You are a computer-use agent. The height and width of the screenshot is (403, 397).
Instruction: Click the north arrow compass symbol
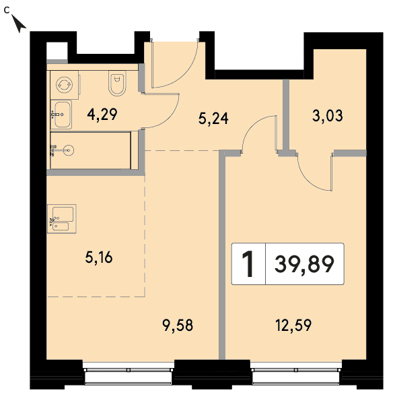pos(18,24)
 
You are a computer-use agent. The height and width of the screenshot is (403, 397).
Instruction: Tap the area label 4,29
pos(102,115)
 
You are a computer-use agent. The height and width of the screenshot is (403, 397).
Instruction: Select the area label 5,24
pos(213,119)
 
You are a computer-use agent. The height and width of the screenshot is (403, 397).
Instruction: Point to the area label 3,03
pos(328,115)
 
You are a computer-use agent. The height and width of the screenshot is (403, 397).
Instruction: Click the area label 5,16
pos(99,257)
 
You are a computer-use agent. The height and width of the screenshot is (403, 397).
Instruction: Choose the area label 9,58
pos(178,325)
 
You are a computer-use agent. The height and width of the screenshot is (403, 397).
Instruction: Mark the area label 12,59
pos(293,325)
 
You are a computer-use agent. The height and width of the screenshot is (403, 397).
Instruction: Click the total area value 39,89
pos(304,264)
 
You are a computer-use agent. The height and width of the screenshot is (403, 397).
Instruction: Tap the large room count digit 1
pos(248,264)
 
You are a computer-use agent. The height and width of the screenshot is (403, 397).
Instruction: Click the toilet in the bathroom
pos(117,83)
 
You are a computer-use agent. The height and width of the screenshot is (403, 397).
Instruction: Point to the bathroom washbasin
pos(61,115)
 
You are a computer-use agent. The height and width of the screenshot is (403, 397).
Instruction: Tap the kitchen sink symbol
pos(62,219)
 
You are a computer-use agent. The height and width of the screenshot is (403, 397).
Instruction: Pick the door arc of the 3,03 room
pos(308,181)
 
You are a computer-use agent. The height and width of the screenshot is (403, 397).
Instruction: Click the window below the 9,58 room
pos(129,373)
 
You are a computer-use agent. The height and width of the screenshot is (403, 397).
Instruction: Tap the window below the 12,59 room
pos(296,373)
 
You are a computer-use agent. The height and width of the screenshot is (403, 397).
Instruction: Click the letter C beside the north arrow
pos(7,10)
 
